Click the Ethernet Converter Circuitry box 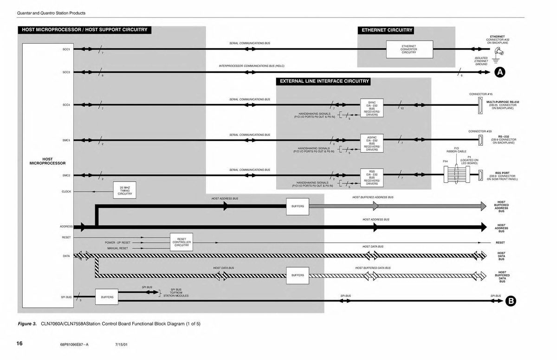409,49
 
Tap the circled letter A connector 499,72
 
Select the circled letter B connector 511,301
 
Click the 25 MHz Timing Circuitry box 125,190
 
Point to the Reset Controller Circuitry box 181,242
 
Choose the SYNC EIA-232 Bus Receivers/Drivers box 372,108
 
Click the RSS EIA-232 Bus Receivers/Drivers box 372,178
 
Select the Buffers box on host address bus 298,206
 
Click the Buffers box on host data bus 298,275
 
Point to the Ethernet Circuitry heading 387,30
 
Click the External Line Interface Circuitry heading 324,81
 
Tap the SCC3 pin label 66,72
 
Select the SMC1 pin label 66,140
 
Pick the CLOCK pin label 66,191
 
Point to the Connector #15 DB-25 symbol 480,108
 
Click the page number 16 19,344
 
